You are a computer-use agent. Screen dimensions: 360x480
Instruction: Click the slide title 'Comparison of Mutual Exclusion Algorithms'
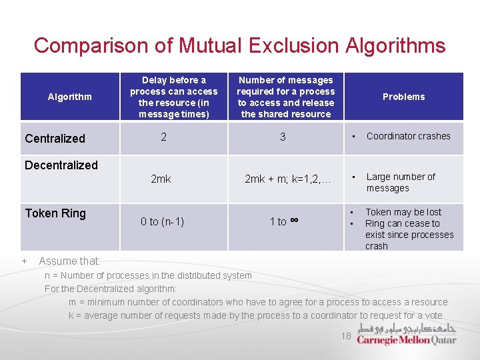239,45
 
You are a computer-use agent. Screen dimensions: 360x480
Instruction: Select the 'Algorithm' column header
70,97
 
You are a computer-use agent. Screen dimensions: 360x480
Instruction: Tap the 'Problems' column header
403,97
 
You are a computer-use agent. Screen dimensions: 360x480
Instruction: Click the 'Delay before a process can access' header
173,97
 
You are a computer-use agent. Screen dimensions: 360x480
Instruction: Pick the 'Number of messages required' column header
286,97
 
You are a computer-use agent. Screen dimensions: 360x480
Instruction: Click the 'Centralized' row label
55,139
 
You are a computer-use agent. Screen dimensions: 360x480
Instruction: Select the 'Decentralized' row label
61,165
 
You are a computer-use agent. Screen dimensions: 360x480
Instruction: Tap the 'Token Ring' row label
55,213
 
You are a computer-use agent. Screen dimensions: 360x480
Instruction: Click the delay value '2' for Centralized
163,137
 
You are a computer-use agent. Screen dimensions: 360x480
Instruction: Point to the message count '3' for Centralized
283,137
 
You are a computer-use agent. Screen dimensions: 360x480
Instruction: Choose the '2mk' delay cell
161,179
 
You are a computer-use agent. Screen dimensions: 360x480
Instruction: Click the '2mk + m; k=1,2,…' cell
287,179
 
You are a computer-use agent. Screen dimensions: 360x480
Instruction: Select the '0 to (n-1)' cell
162,221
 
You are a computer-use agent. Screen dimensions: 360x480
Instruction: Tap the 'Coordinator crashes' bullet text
408,136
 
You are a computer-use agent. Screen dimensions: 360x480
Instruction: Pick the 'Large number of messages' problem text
401,182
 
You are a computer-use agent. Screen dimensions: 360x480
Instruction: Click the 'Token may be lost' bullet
403,212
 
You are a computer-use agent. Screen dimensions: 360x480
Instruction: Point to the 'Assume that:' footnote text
69,261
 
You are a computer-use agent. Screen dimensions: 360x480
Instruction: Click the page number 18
345,336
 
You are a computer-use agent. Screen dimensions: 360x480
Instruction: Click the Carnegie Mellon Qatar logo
407,334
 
